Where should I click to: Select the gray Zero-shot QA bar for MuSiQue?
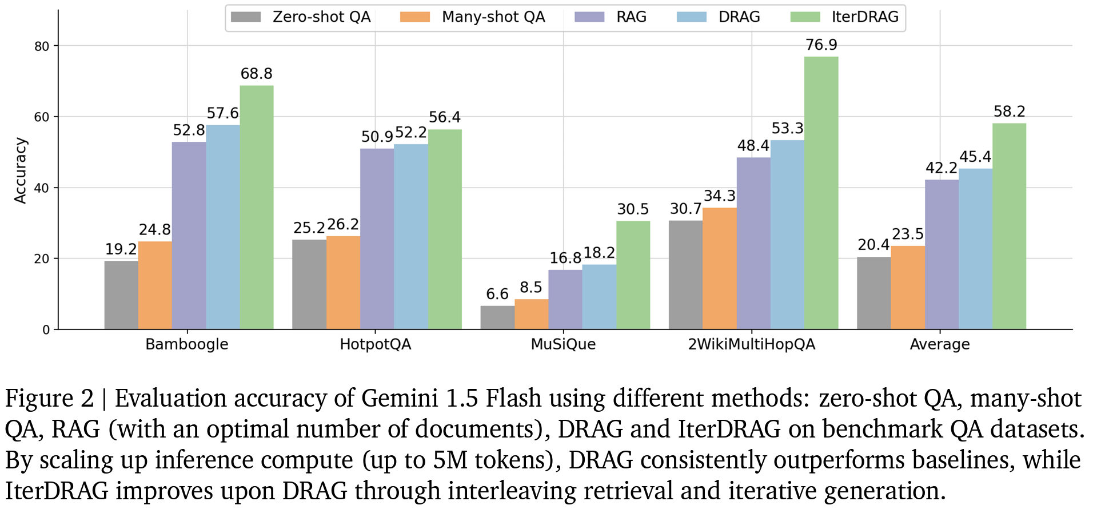coord(497,317)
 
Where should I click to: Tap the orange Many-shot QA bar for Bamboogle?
coord(155,285)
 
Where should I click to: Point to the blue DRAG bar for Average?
coord(975,249)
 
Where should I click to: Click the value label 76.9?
coord(821,45)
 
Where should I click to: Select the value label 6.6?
coord(497,294)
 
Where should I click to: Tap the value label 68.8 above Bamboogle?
coord(256,74)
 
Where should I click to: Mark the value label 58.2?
coord(1009,112)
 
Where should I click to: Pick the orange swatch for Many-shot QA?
coord(415,17)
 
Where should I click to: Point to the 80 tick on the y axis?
coord(42,46)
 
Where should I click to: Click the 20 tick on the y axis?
coord(42,259)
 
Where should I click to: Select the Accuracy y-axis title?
coord(21,170)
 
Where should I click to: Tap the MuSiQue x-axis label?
coord(563,344)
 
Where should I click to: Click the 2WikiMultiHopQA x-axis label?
coord(751,344)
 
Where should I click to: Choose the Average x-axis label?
coord(940,344)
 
